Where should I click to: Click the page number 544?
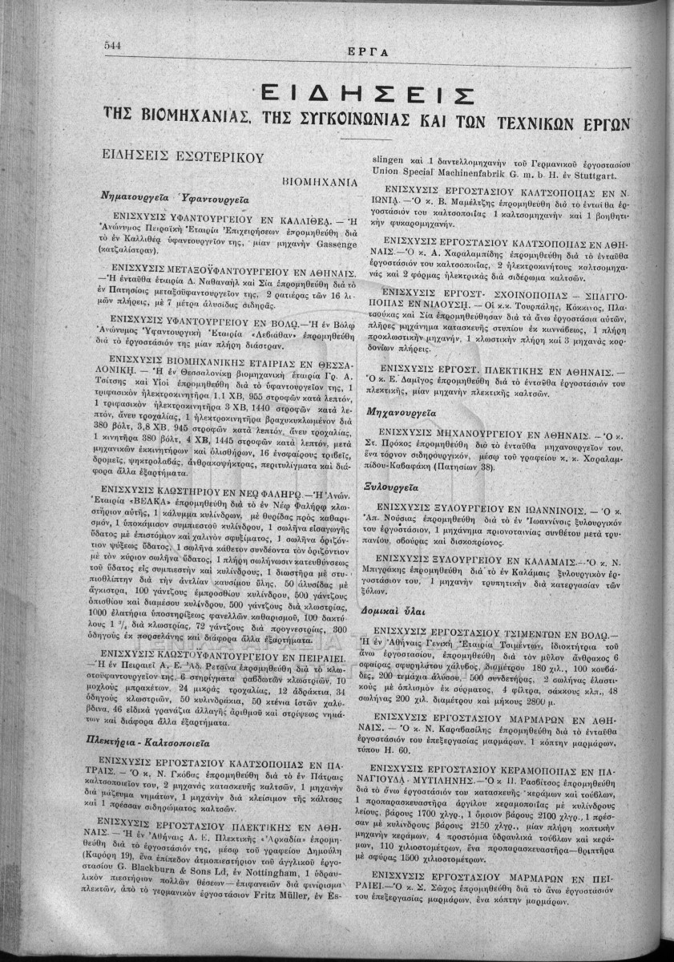[112, 46]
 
